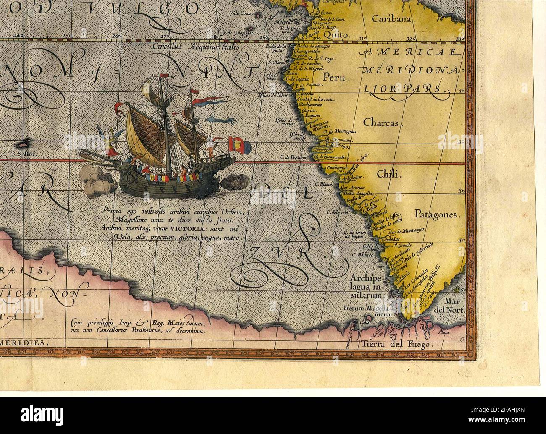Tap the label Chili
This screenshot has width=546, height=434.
click(x=389, y=174)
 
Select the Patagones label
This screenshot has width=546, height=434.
click(x=437, y=214)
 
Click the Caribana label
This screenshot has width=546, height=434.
click(x=393, y=19)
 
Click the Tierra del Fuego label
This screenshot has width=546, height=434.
click(x=396, y=345)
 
